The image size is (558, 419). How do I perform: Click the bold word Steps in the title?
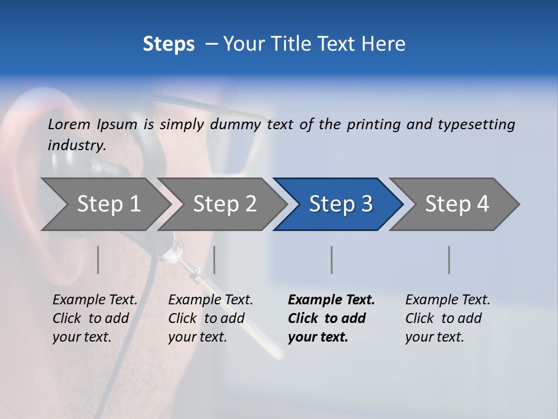[169, 44]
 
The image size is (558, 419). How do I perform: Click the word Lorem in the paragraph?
[69, 124]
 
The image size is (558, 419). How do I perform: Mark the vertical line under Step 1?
[98, 260]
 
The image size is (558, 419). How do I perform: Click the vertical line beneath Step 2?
[214, 260]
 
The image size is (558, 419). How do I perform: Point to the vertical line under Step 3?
[332, 260]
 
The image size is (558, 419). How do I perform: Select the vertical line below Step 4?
[449, 260]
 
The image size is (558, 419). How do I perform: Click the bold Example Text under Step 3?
[331, 300]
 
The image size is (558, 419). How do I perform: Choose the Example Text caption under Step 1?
[95, 300]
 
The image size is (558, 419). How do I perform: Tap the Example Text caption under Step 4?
[448, 300]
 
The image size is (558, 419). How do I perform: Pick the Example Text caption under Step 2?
[210, 300]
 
